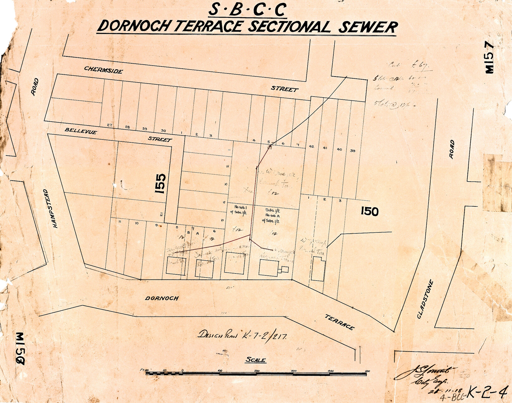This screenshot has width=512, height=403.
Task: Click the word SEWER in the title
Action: (x=368, y=27)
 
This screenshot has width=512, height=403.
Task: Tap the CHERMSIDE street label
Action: (x=103, y=70)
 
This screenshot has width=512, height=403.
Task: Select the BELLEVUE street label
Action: (x=81, y=131)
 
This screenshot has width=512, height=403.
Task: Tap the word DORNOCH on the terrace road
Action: (x=161, y=298)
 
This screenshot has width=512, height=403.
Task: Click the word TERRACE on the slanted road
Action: (x=339, y=322)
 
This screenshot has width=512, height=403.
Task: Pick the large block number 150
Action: (x=369, y=212)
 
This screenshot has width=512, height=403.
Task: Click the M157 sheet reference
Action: (x=490, y=58)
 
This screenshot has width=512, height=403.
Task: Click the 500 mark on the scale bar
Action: (x=367, y=371)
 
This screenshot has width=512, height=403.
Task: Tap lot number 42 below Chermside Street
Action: (x=311, y=146)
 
